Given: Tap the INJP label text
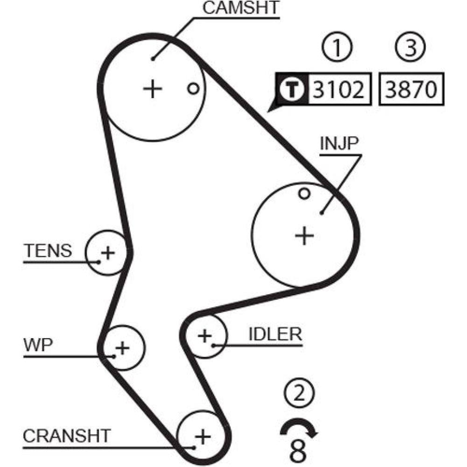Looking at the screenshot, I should pyautogui.click(x=339, y=144).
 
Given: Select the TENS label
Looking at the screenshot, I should pyautogui.click(x=48, y=251).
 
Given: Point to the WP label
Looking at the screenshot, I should pyautogui.click(x=38, y=346).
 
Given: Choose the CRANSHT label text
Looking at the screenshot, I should pyautogui.click(x=67, y=436).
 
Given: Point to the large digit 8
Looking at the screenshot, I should pyautogui.click(x=299, y=450).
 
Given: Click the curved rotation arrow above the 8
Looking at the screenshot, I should pyautogui.click(x=299, y=426).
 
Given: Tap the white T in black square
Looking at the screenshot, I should pyautogui.click(x=292, y=88).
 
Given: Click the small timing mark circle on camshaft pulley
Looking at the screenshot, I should pyautogui.click(x=193, y=88).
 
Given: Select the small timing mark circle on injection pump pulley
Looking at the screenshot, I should pyautogui.click(x=304, y=193).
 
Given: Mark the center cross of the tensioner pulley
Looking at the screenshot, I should pyautogui.click(x=108, y=253).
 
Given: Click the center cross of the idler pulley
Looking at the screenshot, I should pyautogui.click(x=204, y=335).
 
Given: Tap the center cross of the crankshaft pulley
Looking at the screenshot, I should pyautogui.click(x=202, y=437).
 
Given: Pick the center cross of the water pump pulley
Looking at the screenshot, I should pyautogui.click(x=122, y=347).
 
